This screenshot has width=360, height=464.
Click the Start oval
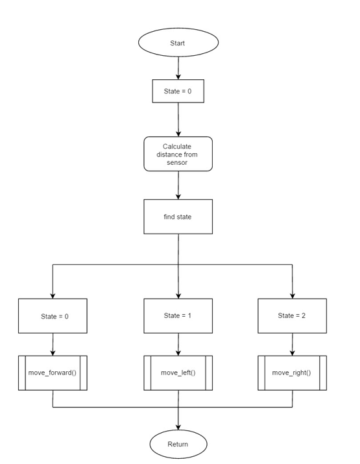click(x=178, y=42)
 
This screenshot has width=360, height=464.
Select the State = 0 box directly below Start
click(x=178, y=91)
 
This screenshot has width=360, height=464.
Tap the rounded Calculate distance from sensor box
click(x=178, y=154)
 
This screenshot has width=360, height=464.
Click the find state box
click(x=178, y=217)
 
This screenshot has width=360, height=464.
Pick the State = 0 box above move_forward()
click(x=53, y=316)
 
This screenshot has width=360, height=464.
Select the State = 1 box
click(x=178, y=316)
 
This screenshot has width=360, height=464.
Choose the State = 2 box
click(x=293, y=316)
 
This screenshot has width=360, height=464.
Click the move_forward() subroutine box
click(x=53, y=373)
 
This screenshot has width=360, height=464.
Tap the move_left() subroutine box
click(x=178, y=373)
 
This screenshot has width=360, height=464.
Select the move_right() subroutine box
click(x=293, y=373)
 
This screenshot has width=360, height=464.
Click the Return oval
click(x=178, y=444)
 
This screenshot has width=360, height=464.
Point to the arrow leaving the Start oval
click(x=178, y=68)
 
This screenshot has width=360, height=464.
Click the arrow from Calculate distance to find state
click(x=178, y=185)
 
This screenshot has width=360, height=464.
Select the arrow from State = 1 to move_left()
click(x=178, y=345)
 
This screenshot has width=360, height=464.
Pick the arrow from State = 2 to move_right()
click(x=293, y=345)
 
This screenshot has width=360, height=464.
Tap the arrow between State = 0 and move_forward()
click(x=53, y=345)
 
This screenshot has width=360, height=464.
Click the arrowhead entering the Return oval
click(x=178, y=427)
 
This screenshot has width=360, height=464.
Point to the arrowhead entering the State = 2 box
click(x=293, y=296)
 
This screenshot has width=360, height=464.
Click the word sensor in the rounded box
click(x=177, y=162)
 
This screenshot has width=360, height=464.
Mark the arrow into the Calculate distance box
click(x=178, y=119)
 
